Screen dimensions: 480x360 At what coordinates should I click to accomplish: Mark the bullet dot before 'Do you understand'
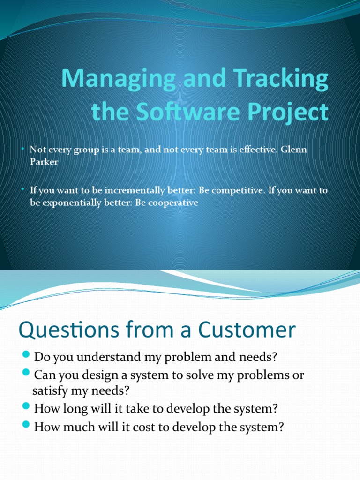pos(26,356)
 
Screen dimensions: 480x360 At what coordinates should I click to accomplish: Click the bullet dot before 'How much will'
pos(26,427)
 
